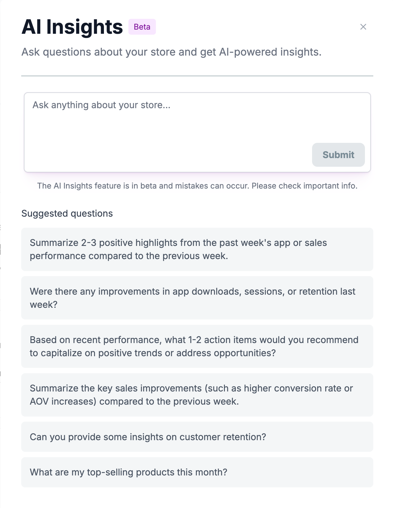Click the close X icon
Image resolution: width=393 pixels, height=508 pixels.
pyautogui.click(x=363, y=27)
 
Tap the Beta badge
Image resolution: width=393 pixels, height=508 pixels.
pyautogui.click(x=142, y=27)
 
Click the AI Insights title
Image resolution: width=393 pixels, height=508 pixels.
pyautogui.click(x=72, y=27)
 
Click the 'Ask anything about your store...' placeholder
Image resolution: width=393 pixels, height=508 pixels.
pyautogui.click(x=102, y=105)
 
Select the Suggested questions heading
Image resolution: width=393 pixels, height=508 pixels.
pyautogui.click(x=67, y=214)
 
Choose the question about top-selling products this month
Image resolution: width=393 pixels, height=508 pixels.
pyautogui.click(x=128, y=472)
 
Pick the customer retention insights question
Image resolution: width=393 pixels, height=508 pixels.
pyautogui.click(x=148, y=437)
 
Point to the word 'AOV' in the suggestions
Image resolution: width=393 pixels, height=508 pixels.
pyautogui.click(x=39, y=401)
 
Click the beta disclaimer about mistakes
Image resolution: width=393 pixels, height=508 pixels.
pyautogui.click(x=197, y=186)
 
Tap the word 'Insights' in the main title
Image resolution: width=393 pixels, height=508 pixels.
pyautogui.click(x=85, y=27)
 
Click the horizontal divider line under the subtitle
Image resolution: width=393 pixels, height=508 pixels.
pyautogui.click(x=197, y=76)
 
